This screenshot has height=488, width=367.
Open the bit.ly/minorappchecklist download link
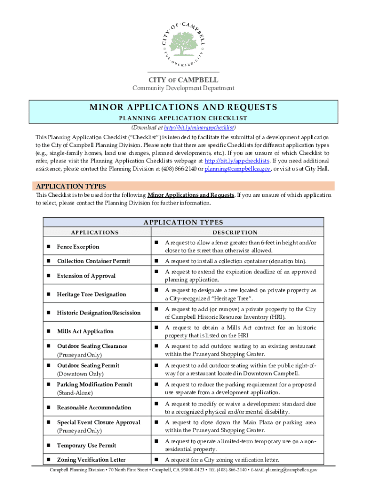199,128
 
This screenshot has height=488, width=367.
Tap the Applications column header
95,233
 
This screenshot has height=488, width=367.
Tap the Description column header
235,233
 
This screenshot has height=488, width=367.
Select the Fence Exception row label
78,247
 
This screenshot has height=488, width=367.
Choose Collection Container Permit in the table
93,261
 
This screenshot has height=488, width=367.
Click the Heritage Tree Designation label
92,295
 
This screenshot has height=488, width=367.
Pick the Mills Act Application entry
85,331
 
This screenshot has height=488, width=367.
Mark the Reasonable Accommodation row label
94,407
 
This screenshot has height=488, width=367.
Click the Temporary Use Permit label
86,446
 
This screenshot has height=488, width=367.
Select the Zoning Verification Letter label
92,460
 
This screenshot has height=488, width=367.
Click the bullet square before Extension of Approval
49,276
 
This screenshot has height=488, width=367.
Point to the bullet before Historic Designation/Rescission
49,313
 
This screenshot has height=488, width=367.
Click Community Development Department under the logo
183,88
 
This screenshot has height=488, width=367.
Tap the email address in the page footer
292,470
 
